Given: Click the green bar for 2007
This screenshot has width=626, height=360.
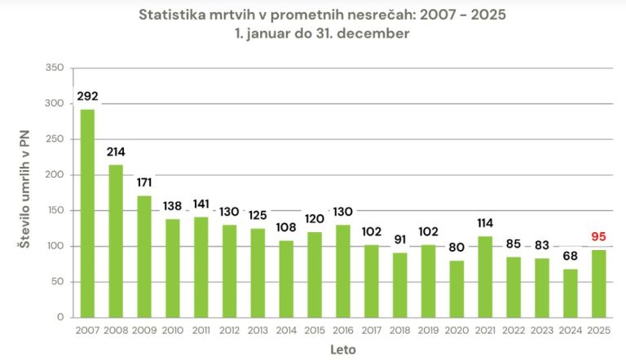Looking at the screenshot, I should click(87, 213).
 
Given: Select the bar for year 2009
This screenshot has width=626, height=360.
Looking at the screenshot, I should click(143, 257).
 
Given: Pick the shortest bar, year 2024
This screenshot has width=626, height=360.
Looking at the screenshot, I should click(570, 293).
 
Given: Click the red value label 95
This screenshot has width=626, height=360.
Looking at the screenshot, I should click(599, 238).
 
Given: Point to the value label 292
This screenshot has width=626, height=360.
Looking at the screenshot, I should click(87, 97).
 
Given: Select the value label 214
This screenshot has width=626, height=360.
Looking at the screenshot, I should click(116, 152).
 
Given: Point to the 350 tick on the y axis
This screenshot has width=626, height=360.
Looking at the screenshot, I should click(54, 68).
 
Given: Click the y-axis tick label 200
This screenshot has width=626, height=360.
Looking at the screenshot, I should click(54, 175).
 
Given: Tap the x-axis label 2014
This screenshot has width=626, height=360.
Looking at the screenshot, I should click(285, 331).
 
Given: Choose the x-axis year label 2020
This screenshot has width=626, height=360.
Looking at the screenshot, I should click(456, 331).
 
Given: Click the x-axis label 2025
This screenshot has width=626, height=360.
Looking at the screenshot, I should click(599, 331).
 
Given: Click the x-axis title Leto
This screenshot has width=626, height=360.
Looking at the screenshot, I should click(342, 349).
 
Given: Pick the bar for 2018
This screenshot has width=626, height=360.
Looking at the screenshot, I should click(399, 285).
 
